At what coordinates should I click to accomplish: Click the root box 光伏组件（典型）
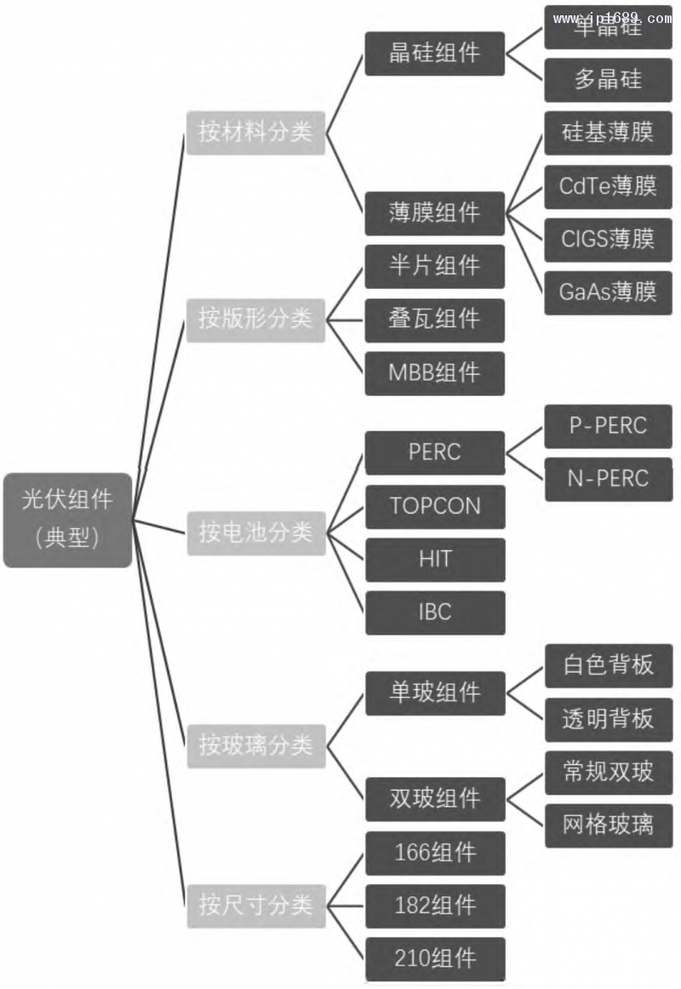click(68, 520)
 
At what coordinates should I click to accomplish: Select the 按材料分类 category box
click(256, 133)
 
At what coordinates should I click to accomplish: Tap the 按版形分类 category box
click(256, 319)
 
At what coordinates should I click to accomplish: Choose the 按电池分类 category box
click(256, 533)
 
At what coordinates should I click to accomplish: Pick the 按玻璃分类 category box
click(256, 746)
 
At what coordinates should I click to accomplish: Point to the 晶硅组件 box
click(435, 54)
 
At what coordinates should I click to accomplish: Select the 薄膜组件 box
click(435, 213)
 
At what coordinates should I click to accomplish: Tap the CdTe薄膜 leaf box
click(608, 187)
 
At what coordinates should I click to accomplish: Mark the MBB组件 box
click(435, 373)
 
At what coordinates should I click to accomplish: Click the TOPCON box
click(435, 507)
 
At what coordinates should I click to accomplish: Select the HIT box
click(435, 560)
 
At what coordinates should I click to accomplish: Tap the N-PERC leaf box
click(608, 479)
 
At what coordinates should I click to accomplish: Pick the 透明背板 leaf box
click(608, 719)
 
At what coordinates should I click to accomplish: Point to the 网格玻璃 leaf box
click(608, 825)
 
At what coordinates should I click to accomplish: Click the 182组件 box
click(435, 906)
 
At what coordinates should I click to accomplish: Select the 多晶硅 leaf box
click(608, 80)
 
